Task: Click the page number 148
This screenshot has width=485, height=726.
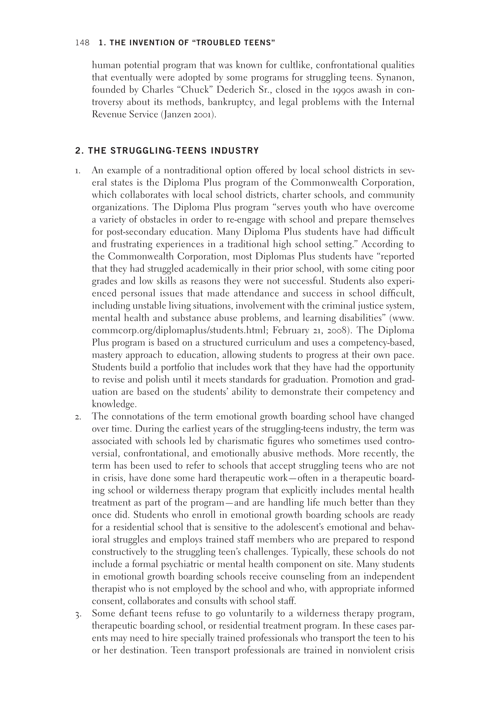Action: point(82,43)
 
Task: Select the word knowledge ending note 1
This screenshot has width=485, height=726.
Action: point(114,404)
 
